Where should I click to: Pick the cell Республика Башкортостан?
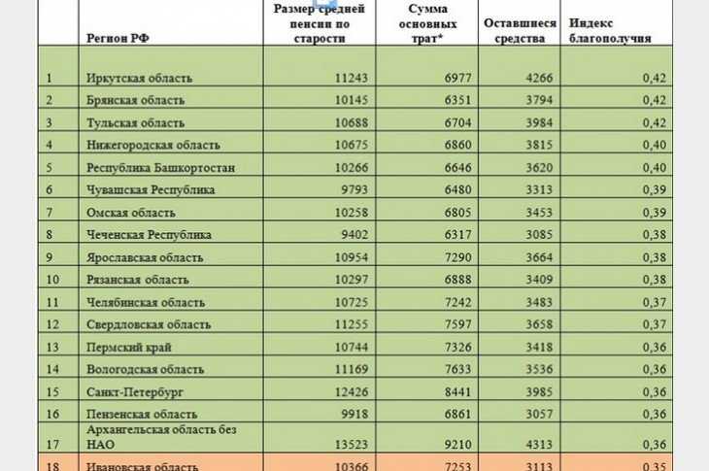click(x=160, y=167)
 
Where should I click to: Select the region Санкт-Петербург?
click(x=135, y=391)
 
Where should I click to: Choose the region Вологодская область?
click(x=145, y=369)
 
